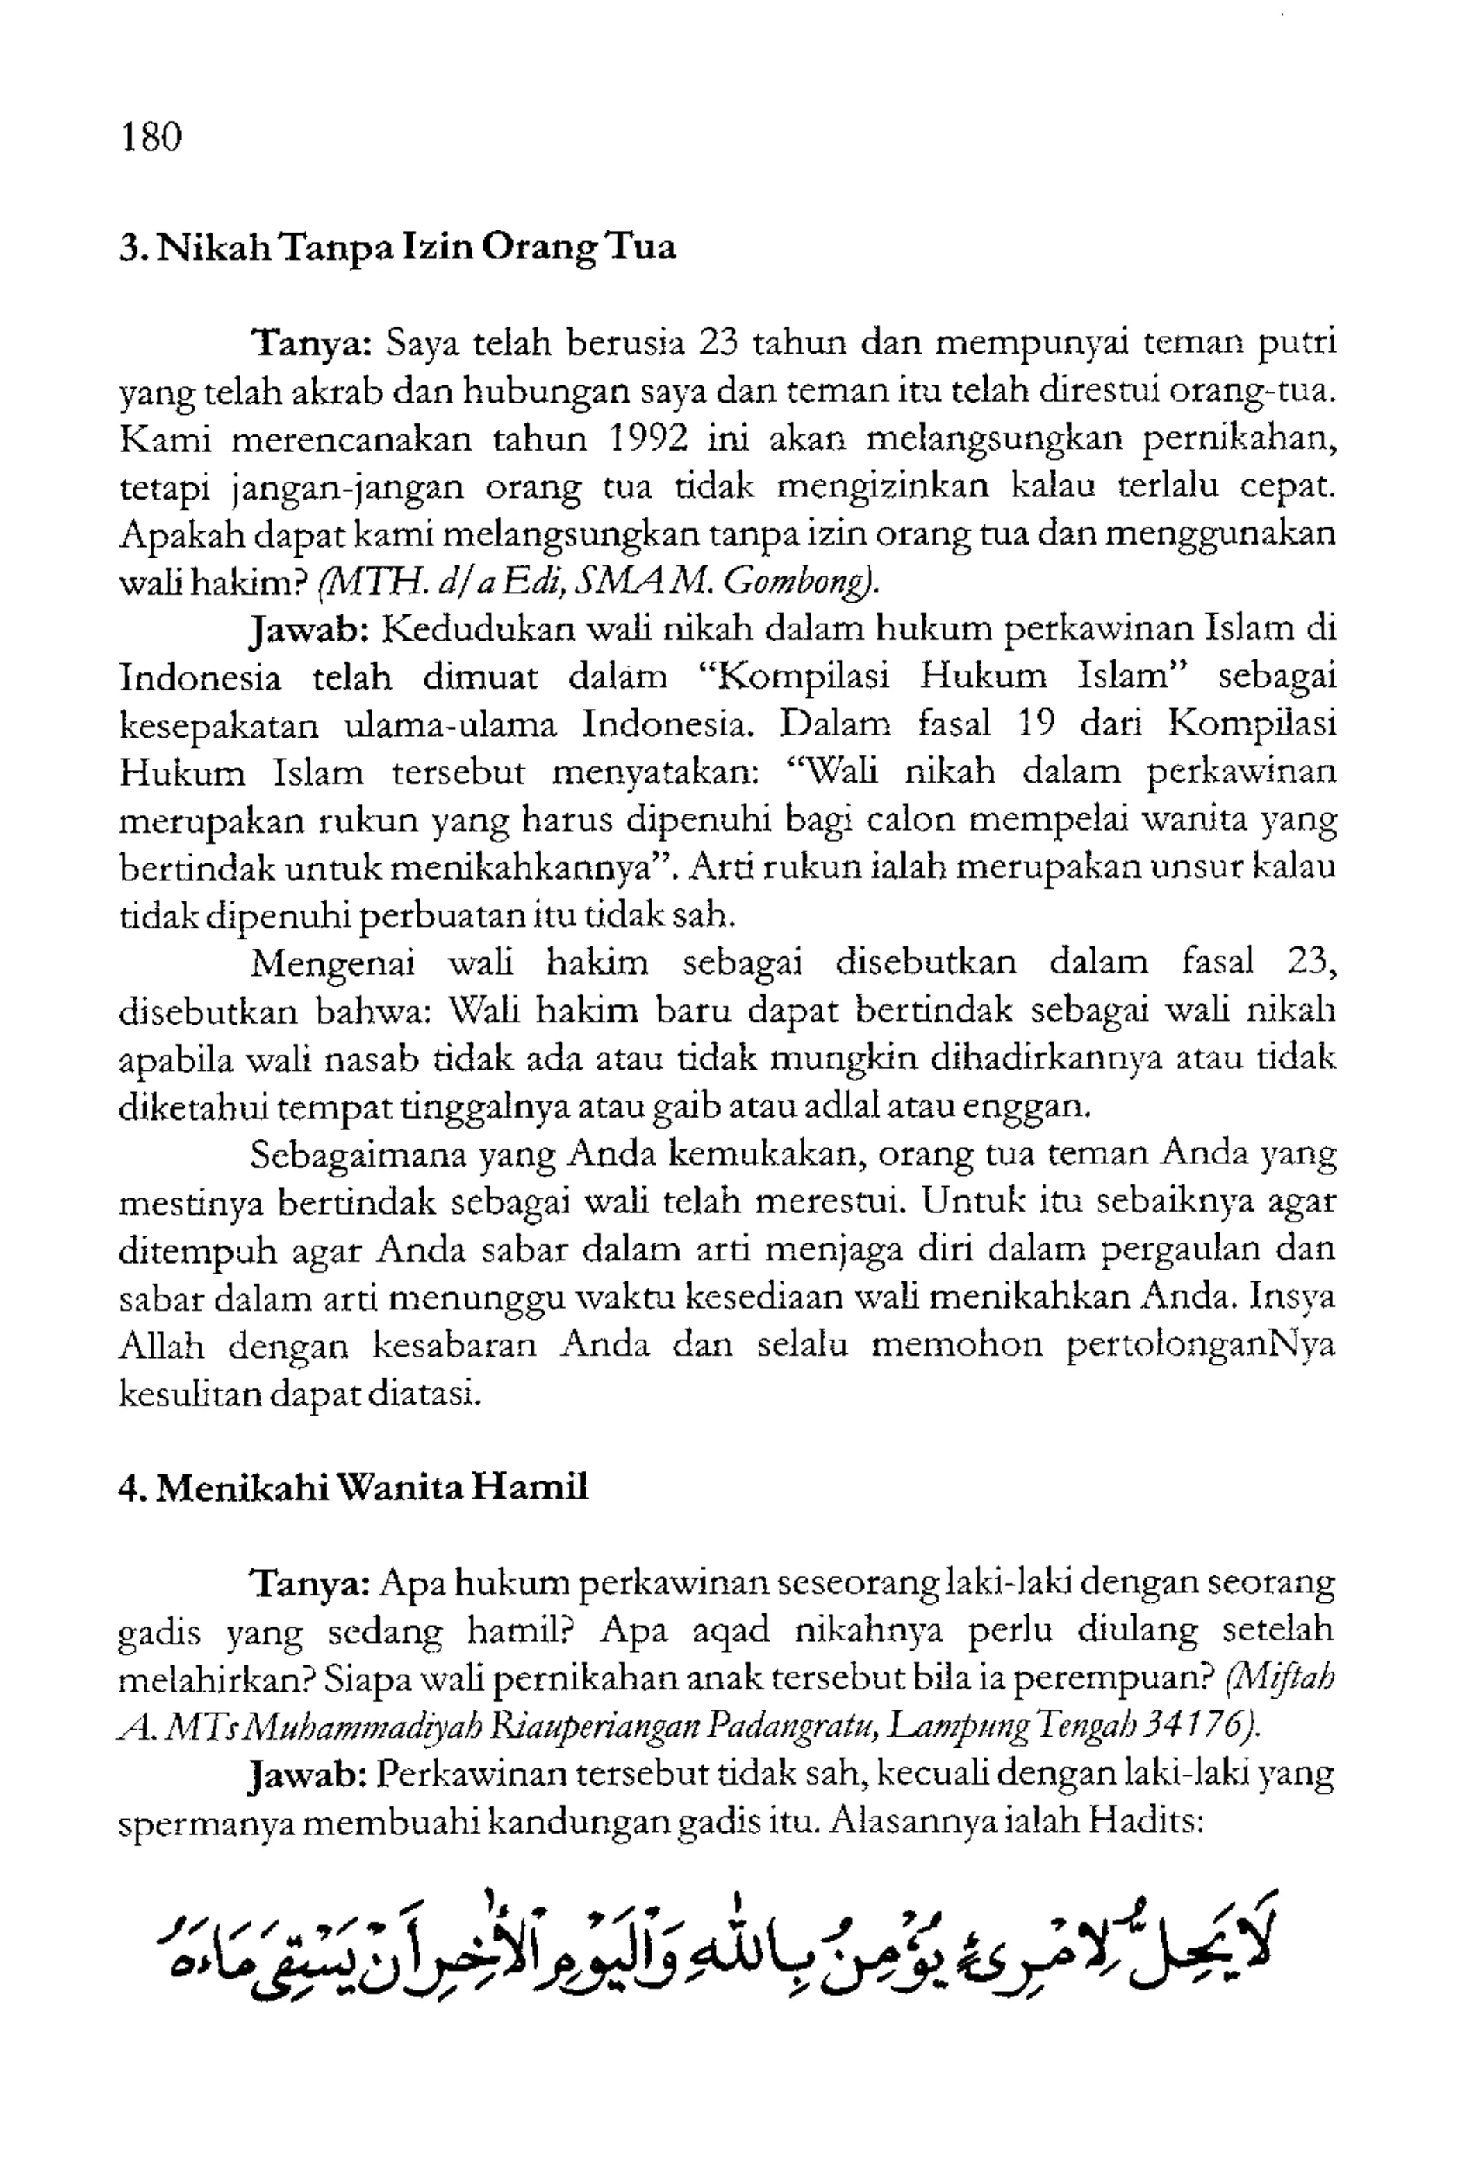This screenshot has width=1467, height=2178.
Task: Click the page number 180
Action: [x=151, y=137]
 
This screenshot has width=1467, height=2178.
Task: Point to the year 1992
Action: [x=648, y=437]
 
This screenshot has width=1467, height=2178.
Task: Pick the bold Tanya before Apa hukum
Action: [x=313, y=1583]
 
